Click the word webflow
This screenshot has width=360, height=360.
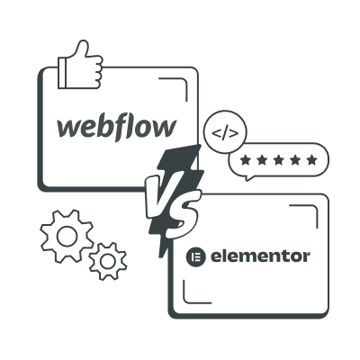[x=116, y=128]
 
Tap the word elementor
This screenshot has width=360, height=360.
[x=260, y=256]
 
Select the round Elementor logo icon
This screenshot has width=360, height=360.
[x=196, y=257]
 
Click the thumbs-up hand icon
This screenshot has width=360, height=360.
[x=80, y=65]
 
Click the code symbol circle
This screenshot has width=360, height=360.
[x=225, y=132]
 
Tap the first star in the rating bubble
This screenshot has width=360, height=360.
[x=246, y=160]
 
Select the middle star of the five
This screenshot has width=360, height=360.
[x=279, y=160]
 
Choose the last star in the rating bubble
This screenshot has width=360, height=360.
[x=312, y=160]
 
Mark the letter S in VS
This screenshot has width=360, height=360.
[x=183, y=213]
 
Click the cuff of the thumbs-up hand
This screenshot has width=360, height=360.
[x=62, y=73]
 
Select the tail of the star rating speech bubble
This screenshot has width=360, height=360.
[x=247, y=178]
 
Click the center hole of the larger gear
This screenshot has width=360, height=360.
[x=67, y=236]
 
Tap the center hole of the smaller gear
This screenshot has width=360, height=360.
[x=108, y=261]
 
